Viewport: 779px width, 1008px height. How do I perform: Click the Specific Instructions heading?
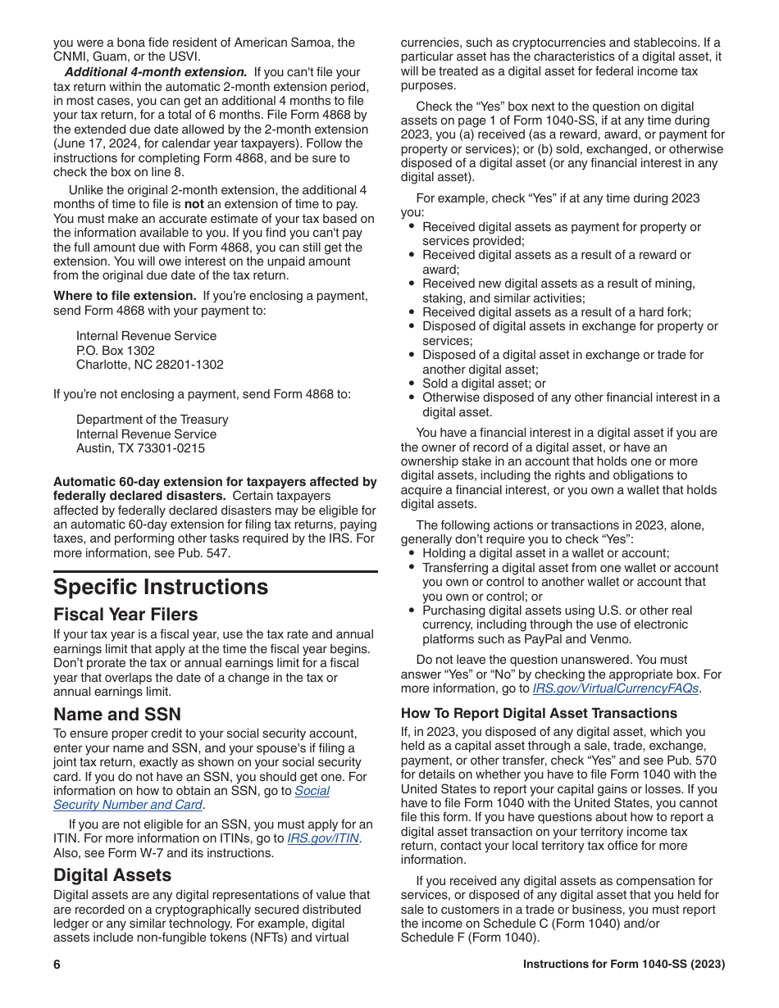point(161,587)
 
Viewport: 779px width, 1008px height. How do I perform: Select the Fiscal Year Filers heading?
point(125,614)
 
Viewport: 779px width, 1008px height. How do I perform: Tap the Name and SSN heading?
point(117,714)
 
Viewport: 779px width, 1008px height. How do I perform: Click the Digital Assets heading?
point(112,874)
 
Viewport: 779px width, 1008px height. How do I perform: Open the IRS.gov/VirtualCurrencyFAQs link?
point(615,688)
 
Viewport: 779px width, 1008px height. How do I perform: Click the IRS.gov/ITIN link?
point(323,838)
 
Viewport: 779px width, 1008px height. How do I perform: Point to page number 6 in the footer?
point(57,965)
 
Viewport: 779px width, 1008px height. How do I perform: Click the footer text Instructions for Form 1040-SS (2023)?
point(624,965)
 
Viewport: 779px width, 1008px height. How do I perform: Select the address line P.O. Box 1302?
point(116,350)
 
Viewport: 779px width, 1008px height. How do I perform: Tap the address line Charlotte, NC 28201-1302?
point(149,365)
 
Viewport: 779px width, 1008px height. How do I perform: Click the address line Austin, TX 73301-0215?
point(140,448)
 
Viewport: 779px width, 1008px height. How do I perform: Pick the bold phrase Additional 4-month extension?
point(156,72)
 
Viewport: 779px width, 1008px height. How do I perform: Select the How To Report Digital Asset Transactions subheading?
point(527,713)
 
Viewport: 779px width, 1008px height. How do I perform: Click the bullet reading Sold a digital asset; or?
point(484,384)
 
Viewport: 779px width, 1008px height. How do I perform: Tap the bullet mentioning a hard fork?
point(556,312)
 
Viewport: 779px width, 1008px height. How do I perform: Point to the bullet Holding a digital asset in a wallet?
point(545,553)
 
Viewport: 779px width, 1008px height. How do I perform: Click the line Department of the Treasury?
point(152,419)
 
